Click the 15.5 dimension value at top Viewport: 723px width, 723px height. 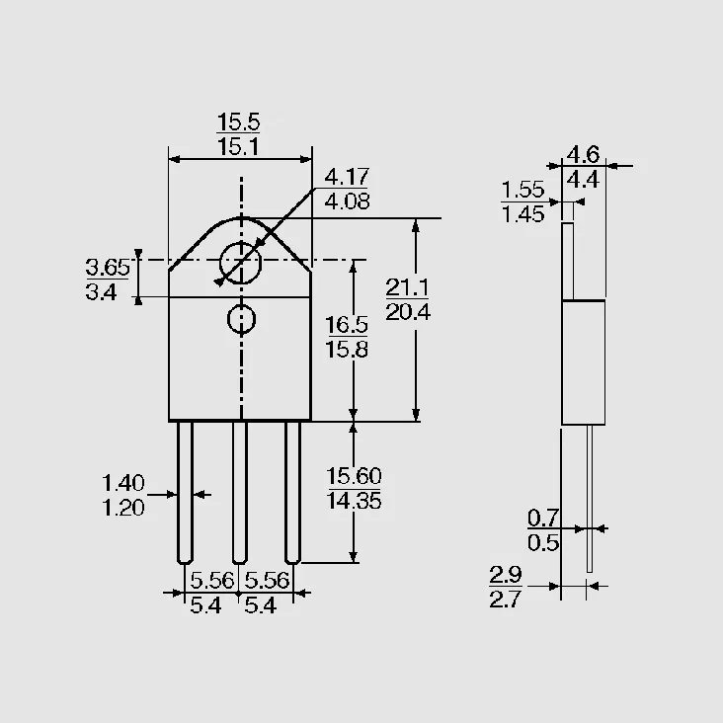pyautogui.click(x=238, y=122)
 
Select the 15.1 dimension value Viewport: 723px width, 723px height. pyautogui.click(x=238, y=146)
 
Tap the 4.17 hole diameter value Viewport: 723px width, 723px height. pyautogui.click(x=347, y=177)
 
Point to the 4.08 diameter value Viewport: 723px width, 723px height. pyautogui.click(x=347, y=201)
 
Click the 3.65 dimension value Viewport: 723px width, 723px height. pyautogui.click(x=108, y=268)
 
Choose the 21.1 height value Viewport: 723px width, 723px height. pyautogui.click(x=407, y=287)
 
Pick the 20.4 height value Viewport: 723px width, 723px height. pyautogui.click(x=408, y=312)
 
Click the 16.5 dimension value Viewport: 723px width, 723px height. pyautogui.click(x=347, y=325)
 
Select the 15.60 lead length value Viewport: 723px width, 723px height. pyautogui.click(x=354, y=476)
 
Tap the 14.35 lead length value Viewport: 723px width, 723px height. pyautogui.click(x=354, y=501)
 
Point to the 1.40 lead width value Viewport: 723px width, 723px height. pyautogui.click(x=123, y=483)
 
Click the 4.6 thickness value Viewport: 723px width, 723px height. pyautogui.click(x=583, y=154)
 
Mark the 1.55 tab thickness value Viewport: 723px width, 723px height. pyautogui.click(x=522, y=190)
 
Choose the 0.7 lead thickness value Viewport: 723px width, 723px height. pyautogui.click(x=543, y=519)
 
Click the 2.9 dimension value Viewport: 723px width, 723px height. pyautogui.click(x=506, y=575)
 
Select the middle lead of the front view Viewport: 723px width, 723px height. pyautogui.click(x=239, y=493)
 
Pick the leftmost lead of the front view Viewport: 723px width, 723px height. pyautogui.click(x=185, y=493)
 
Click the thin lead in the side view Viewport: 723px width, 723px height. pyautogui.click(x=590, y=499)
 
